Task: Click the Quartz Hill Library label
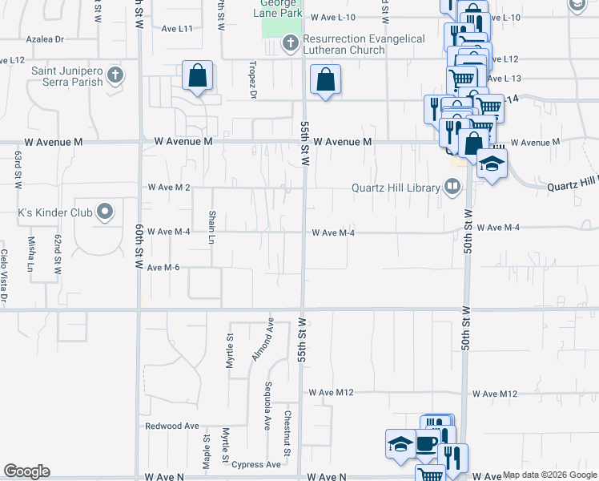pyautogui.click(x=396, y=188)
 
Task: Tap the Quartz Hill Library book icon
pyautogui.click(x=452, y=188)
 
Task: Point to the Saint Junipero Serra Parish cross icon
pyautogui.click(x=115, y=76)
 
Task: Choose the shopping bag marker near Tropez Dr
pyautogui.click(x=197, y=77)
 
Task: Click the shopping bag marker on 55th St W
pyautogui.click(x=325, y=80)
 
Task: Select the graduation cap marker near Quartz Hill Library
pyautogui.click(x=492, y=164)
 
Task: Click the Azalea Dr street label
pyautogui.click(x=45, y=38)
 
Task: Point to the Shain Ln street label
pyautogui.click(x=212, y=228)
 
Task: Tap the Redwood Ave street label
pyautogui.click(x=171, y=426)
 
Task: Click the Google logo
pyautogui.click(x=26, y=471)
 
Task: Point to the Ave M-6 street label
pyautogui.click(x=163, y=268)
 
